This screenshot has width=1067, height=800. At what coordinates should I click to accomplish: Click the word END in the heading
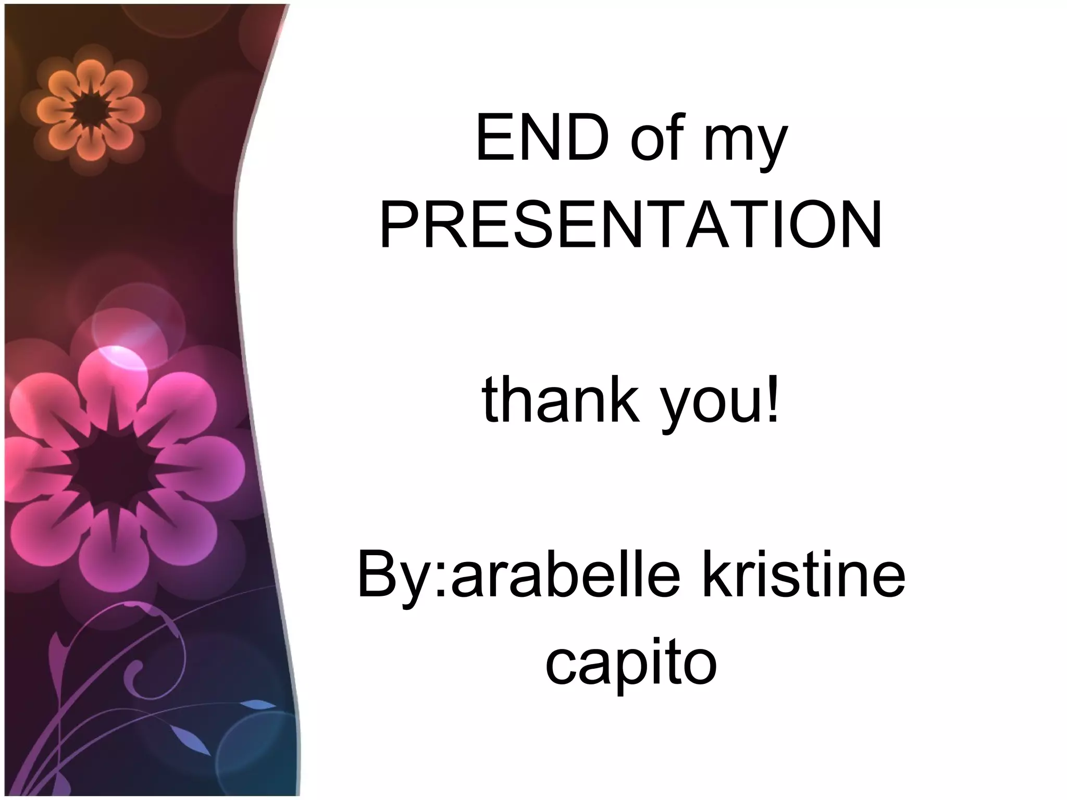542,140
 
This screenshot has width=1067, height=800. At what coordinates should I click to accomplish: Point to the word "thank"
561,401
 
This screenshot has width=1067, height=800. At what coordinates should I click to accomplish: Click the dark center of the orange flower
90,110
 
